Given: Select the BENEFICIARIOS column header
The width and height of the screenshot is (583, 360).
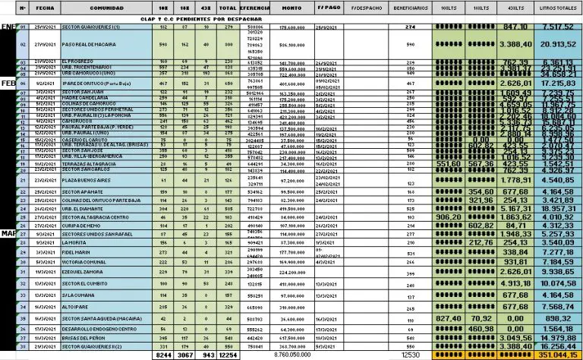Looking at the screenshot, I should pyautogui.click(x=411, y=8).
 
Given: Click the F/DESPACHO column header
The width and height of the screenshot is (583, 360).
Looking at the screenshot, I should pyautogui.click(x=367, y=8).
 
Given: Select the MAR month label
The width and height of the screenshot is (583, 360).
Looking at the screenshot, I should pyautogui.click(x=8, y=232).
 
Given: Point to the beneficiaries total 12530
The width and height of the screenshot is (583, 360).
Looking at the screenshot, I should pyautogui.click(x=411, y=354).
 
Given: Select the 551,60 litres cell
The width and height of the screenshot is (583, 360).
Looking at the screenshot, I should pyautogui.click(x=449, y=163).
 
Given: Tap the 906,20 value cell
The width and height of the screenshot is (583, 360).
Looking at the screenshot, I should pyautogui.click(x=449, y=216).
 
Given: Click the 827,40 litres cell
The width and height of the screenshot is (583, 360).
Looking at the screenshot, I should pyautogui.click(x=449, y=318).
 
